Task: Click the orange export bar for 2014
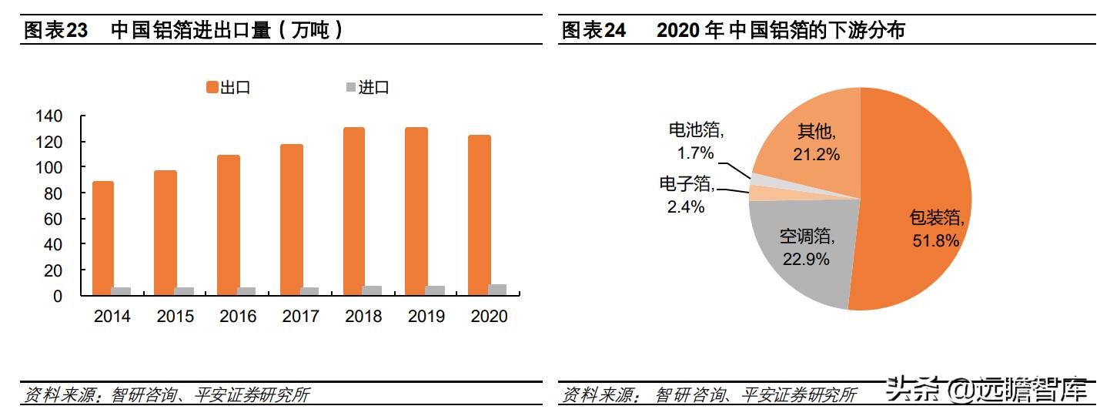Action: coord(103,238)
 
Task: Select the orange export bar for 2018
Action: coord(354,211)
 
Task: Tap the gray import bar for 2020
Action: coord(497,290)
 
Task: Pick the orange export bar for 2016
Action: coord(229,225)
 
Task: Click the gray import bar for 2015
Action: coord(184,291)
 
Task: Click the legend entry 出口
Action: coord(228,88)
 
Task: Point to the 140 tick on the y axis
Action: coord(48,116)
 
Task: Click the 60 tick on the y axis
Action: coord(53,219)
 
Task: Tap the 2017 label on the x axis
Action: coord(300,317)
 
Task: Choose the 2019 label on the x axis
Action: coord(426,317)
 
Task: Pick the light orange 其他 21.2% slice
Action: coord(808,143)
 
